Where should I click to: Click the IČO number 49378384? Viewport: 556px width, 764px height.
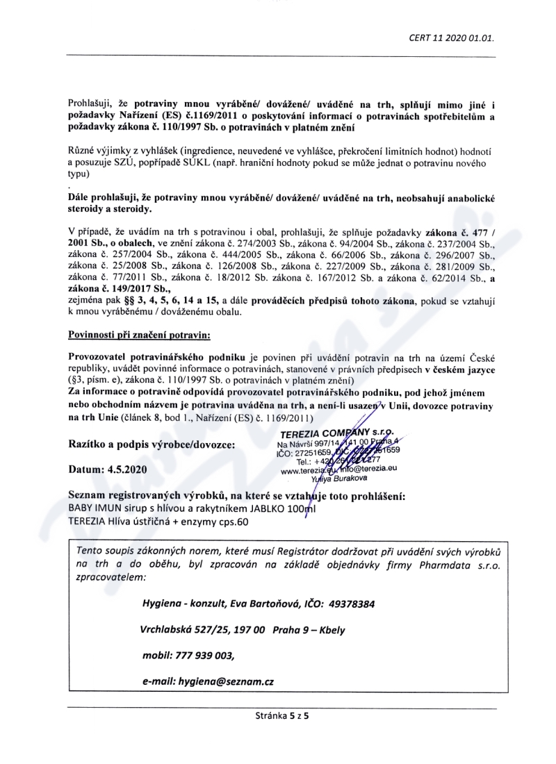[x=349, y=604]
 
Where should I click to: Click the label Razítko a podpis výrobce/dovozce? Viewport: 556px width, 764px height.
[x=152, y=443]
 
